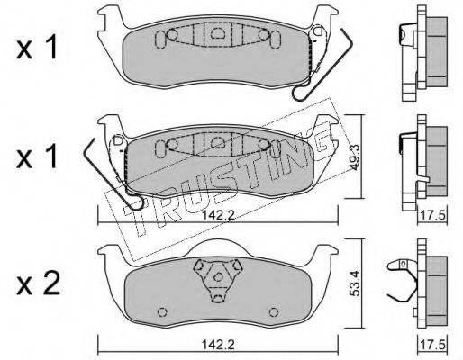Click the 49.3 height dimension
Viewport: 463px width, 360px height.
[x=357, y=161]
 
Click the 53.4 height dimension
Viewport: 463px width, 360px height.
[x=357, y=283]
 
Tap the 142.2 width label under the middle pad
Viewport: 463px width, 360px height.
[x=218, y=215]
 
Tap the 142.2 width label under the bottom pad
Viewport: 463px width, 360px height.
[x=218, y=345]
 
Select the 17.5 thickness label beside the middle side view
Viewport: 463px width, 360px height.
[x=432, y=216]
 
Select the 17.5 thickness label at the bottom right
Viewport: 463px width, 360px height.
[x=432, y=345]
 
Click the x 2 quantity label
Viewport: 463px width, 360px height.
[x=38, y=283]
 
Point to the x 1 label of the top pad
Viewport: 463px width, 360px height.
[x=37, y=48]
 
